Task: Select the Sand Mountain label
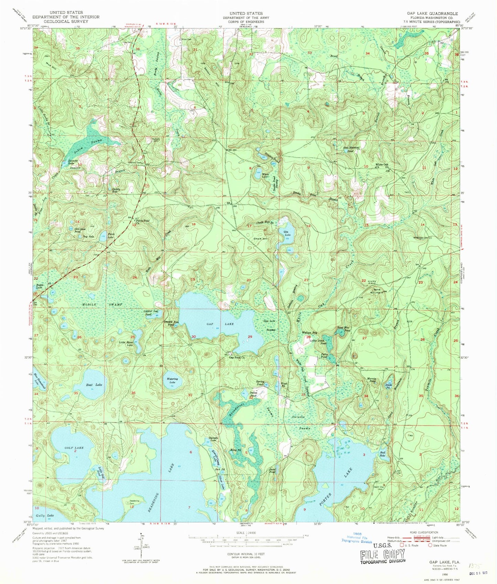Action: pyautogui.click(x=378, y=290)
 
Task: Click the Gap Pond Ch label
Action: pyautogui.click(x=237, y=358)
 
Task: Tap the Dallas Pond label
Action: pyautogui.click(x=253, y=394)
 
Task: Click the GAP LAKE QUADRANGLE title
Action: pyautogui.click(x=432, y=13)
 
